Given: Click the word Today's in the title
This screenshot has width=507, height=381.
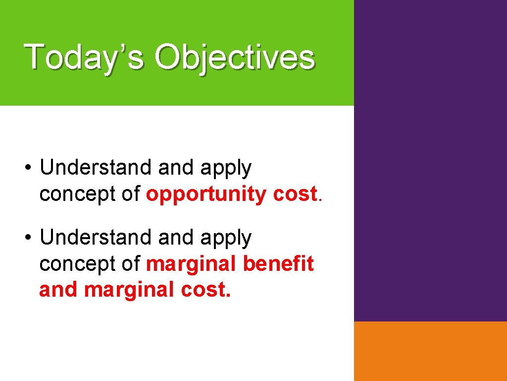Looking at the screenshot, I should (84, 57).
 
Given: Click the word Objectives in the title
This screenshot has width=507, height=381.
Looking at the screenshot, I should (234, 57).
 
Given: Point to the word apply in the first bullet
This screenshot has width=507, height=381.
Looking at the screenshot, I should (226, 169).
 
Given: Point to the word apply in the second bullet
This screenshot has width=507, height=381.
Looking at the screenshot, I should (226, 239).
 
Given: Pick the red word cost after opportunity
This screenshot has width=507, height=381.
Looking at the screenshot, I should (295, 194).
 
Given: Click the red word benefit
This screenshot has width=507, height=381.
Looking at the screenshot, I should (278, 264).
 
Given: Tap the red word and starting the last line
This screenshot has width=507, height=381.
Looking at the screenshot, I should (59, 290).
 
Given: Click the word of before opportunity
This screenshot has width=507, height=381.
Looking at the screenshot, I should (131, 194).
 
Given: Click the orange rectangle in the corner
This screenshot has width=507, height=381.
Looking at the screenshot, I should (430, 351).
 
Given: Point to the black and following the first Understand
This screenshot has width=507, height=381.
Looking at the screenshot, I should (176, 168).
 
